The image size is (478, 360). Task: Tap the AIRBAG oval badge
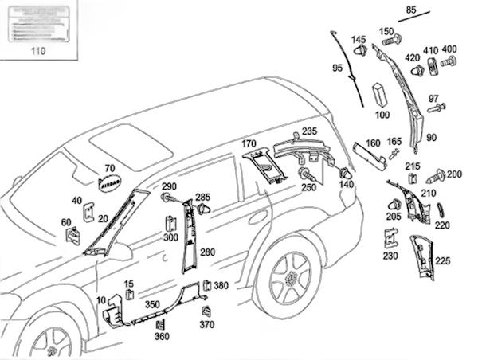coord(109,182)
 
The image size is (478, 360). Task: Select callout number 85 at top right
coord(411,10)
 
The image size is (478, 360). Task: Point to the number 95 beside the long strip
coord(337,68)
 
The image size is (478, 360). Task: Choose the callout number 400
coord(449,49)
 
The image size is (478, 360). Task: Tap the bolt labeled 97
coord(437,108)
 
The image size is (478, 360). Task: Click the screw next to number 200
coord(437,174)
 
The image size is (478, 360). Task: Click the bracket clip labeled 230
coord(390,239)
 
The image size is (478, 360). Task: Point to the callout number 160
coord(373,144)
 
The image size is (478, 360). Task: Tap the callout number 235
coord(309,131)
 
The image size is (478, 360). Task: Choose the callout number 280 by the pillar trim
coord(207,252)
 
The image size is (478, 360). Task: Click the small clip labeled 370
coord(206,311)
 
